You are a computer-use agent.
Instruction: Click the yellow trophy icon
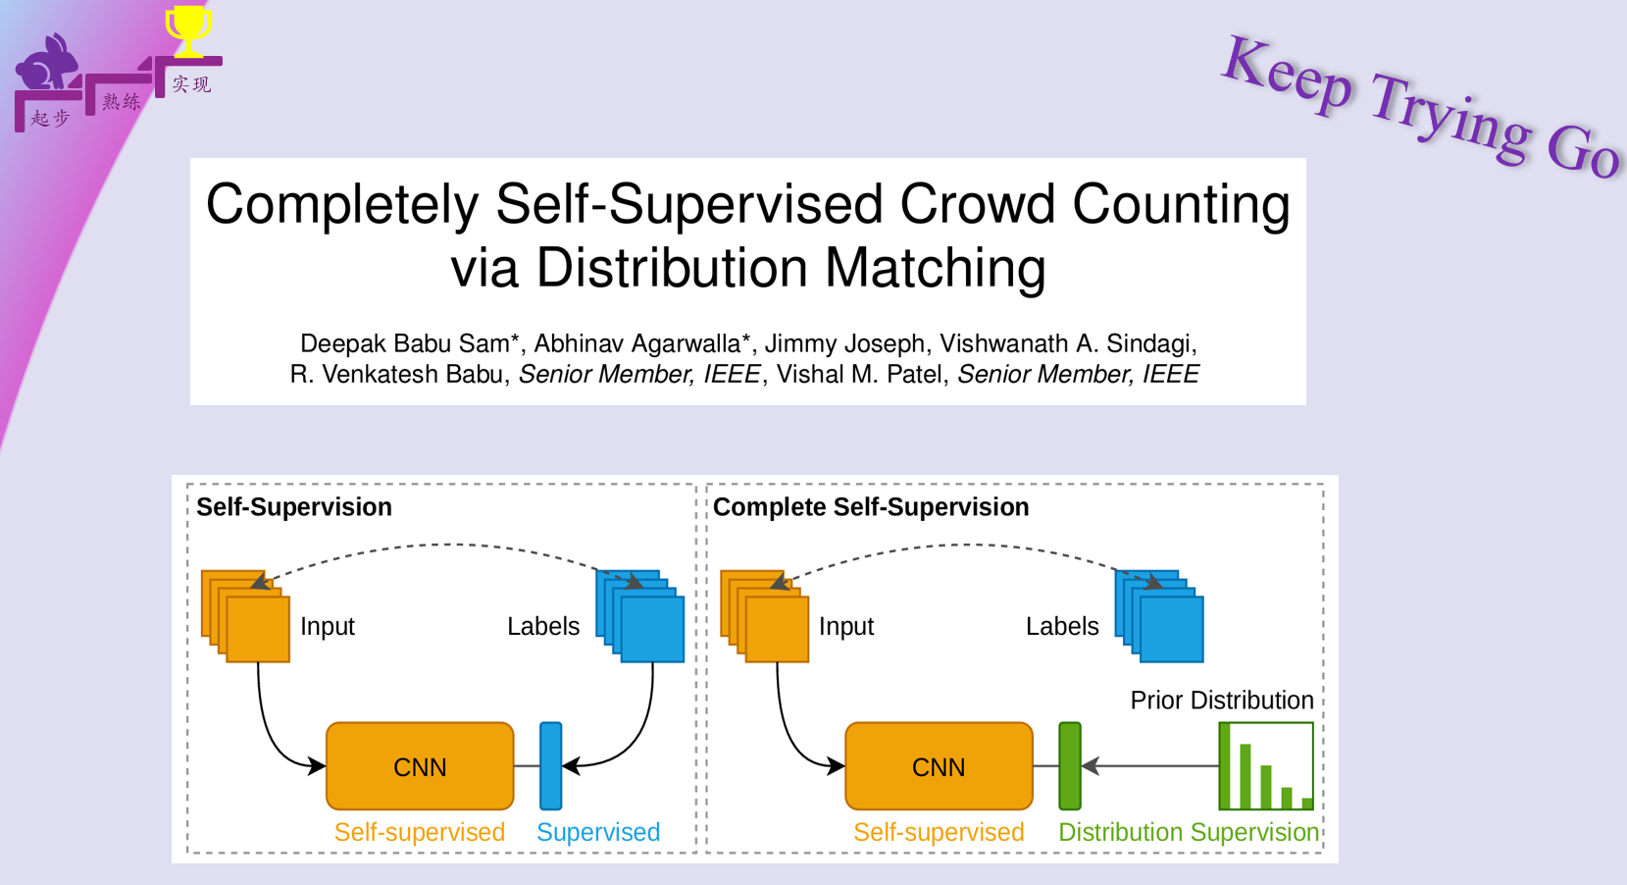click(x=187, y=29)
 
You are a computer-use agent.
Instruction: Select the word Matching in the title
click(x=936, y=268)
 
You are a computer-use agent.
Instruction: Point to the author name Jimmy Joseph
click(x=843, y=343)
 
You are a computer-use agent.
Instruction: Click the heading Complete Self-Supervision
click(x=871, y=507)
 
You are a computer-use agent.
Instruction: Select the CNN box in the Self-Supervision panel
click(x=420, y=766)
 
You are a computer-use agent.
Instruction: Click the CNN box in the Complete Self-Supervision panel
click(x=939, y=766)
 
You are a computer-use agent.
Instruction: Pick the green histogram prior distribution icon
click(x=1265, y=766)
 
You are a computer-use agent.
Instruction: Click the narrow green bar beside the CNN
click(x=1070, y=766)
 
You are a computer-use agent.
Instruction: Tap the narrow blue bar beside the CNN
click(x=551, y=766)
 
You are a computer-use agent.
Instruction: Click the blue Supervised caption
click(x=598, y=832)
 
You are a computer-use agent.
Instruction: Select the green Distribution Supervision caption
click(x=1189, y=832)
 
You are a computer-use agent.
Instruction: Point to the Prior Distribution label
click(x=1221, y=701)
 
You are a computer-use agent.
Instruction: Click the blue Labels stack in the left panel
click(x=641, y=616)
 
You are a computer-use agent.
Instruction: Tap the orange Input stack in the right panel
click(x=765, y=616)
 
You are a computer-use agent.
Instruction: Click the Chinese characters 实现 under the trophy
click(x=191, y=84)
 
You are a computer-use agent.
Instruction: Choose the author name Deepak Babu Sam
click(x=405, y=343)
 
